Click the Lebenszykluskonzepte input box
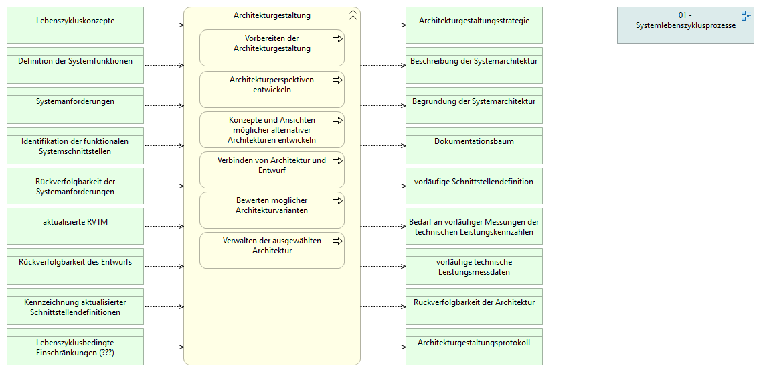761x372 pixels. click(75, 25)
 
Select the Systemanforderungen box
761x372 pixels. click(75, 105)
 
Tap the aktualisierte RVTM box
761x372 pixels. click(75, 226)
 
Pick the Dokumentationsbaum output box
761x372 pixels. click(474, 146)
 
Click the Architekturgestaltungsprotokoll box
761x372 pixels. click(474, 347)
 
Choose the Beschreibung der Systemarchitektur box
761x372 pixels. click(474, 65)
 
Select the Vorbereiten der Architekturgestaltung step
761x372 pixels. click(272, 48)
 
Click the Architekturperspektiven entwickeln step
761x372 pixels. click(272, 89)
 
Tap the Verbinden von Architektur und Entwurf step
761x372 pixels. click(272, 170)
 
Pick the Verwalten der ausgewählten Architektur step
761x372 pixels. click(272, 251)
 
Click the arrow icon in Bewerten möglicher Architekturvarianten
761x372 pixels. click(337, 200)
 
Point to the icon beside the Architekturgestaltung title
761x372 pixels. click(353, 15)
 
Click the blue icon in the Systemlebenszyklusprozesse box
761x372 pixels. click(746, 16)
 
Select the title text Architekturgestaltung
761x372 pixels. click(272, 15)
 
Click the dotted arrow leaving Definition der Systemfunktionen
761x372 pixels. click(164, 65)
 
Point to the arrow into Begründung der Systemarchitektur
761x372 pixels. click(383, 105)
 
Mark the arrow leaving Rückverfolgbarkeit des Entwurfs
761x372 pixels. click(164, 267)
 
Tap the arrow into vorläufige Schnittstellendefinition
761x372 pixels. click(383, 186)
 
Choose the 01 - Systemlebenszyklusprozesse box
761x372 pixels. click(686, 25)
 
